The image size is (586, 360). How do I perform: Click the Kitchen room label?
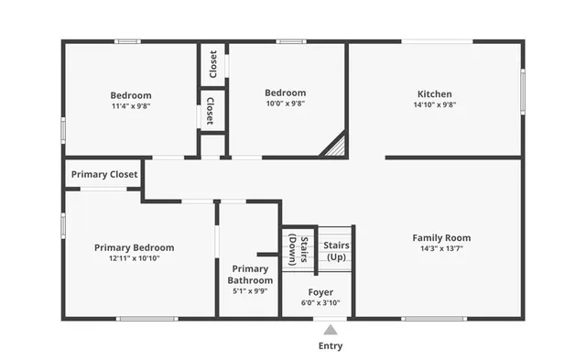[x=434, y=94]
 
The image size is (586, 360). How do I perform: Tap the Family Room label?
[x=441, y=238]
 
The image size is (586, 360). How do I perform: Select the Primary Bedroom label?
[x=141, y=247]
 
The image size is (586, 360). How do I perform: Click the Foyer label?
[x=320, y=292]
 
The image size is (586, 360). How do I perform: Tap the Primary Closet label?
[x=104, y=174]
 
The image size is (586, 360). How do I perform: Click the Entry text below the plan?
[x=331, y=346]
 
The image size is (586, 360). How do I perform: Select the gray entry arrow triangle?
[x=331, y=328]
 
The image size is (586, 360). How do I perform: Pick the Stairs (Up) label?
[x=336, y=251]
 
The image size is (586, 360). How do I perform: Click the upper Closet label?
[x=213, y=64]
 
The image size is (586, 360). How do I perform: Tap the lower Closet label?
[x=211, y=110]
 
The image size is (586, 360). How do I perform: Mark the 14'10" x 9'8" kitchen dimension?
[x=434, y=105]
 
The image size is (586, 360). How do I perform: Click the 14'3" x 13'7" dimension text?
[x=441, y=249]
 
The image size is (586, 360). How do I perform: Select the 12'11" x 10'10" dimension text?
[x=141, y=258]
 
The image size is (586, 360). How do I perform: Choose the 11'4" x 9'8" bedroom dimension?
[x=131, y=106]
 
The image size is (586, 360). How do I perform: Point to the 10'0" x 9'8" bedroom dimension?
[x=285, y=104]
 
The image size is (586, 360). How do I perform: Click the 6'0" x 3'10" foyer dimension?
[x=320, y=303]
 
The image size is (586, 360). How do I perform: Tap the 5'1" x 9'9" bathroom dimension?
[x=250, y=291]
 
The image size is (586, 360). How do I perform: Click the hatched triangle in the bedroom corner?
[x=335, y=146]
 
